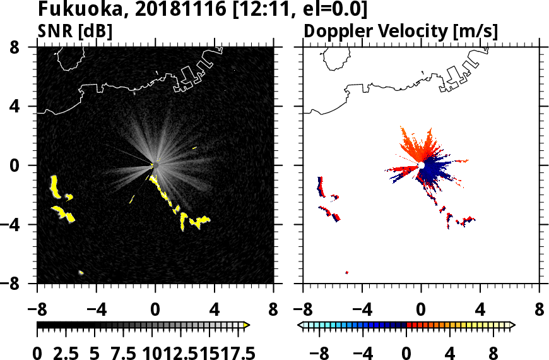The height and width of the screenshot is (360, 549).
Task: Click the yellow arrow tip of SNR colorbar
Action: coord(247,325)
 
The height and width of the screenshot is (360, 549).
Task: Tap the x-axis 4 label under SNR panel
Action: coord(215,310)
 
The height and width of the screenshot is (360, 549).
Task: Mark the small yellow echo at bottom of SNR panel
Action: coord(81,272)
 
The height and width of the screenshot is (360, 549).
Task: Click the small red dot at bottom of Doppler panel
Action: coord(347,272)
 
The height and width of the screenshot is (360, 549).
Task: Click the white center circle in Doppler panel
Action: coord(421,165)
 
